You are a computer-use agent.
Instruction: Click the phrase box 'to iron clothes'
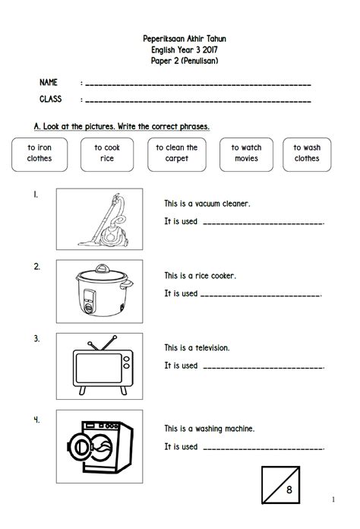[x=39, y=154]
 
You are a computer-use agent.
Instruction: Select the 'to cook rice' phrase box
[x=107, y=154]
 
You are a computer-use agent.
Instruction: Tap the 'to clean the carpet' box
[x=177, y=154]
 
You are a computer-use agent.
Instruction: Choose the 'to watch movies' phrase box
[x=246, y=154]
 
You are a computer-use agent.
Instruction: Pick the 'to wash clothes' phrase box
[x=307, y=154]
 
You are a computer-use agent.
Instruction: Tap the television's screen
[x=99, y=368]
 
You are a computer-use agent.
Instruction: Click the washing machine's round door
[x=80, y=448]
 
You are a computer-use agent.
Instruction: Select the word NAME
[x=49, y=82]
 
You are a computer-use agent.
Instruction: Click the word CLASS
[x=51, y=99]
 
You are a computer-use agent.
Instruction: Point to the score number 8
[x=289, y=489]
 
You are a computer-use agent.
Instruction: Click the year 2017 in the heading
[x=210, y=50]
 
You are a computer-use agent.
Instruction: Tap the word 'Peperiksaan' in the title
[x=163, y=39]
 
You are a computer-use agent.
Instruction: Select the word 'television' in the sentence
[x=213, y=348]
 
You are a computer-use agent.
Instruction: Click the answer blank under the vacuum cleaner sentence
[x=264, y=223]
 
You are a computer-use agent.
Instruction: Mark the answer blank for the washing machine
[x=264, y=448]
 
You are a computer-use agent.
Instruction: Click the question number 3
[x=36, y=338]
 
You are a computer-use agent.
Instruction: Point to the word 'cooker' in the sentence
[x=224, y=276]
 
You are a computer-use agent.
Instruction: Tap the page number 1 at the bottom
[x=333, y=499]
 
